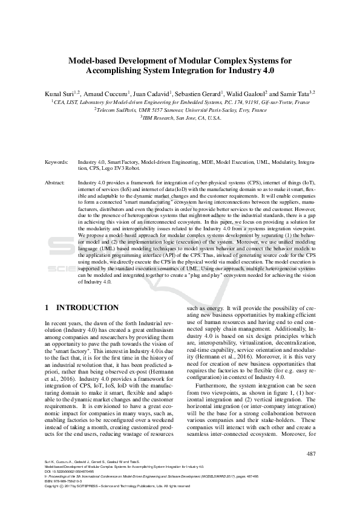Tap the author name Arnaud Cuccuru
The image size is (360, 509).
click(x=105, y=94)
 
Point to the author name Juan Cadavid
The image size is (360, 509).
click(x=152, y=94)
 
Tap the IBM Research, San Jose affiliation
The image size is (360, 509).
click(x=180, y=118)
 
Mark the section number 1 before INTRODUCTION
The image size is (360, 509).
click(x=48, y=308)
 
